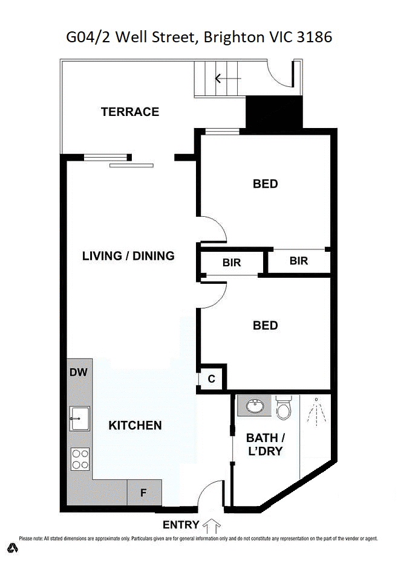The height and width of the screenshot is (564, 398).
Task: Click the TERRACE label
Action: coord(129,112)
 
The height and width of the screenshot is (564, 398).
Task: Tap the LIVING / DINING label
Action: coord(128,256)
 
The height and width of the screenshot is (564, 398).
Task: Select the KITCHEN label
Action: coord(135,426)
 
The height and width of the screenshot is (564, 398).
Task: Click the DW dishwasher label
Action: coord(79,373)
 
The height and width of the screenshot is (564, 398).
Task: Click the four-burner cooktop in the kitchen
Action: coord(80,459)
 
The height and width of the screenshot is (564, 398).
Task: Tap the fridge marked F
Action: coord(144,493)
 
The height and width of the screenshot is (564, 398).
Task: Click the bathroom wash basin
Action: coord(251,406)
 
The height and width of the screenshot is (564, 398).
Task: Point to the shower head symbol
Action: coord(316,411)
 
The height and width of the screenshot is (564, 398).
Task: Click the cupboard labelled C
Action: coord(212,379)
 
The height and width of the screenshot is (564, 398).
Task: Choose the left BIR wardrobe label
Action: coord(232,263)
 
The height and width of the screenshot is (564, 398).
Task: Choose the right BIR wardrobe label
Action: coord(299,261)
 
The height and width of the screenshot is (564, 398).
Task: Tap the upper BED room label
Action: coord(265,184)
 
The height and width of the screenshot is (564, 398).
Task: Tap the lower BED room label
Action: coord(265,326)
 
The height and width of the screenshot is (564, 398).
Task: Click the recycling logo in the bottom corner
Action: coord(13,548)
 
